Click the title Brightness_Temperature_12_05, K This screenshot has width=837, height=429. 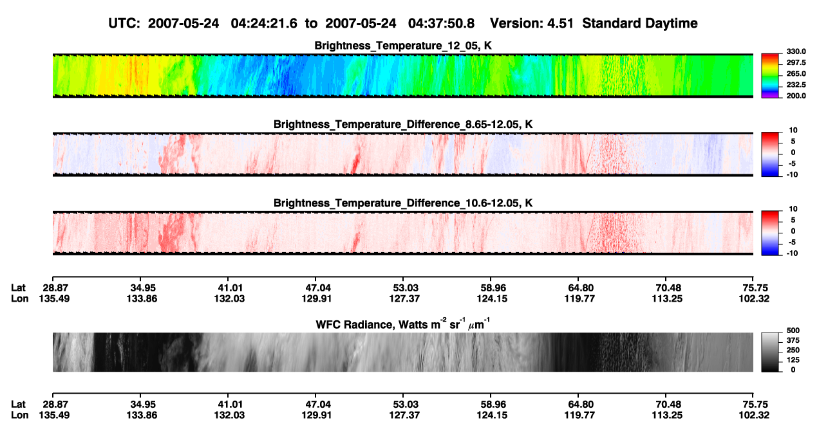403,46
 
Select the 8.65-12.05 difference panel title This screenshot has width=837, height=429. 403,124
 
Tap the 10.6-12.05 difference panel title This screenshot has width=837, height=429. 403,203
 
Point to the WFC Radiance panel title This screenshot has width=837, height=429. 403,324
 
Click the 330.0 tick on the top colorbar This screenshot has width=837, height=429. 796,51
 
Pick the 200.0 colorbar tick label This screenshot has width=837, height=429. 796,96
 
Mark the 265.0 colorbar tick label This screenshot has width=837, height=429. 796,73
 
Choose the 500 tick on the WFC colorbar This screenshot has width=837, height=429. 793,331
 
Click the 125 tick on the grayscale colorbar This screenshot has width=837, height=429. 793,360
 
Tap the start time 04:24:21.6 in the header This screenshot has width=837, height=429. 264,24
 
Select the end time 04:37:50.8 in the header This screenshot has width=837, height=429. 441,24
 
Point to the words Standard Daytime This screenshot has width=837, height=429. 640,24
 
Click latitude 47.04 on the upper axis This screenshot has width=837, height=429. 315,288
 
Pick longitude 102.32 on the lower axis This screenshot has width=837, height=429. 754,415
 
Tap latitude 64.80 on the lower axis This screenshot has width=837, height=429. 579,405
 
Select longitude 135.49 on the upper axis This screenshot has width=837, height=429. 54,298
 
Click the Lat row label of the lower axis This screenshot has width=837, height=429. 18,405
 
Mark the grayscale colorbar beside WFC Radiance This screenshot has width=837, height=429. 770,352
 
